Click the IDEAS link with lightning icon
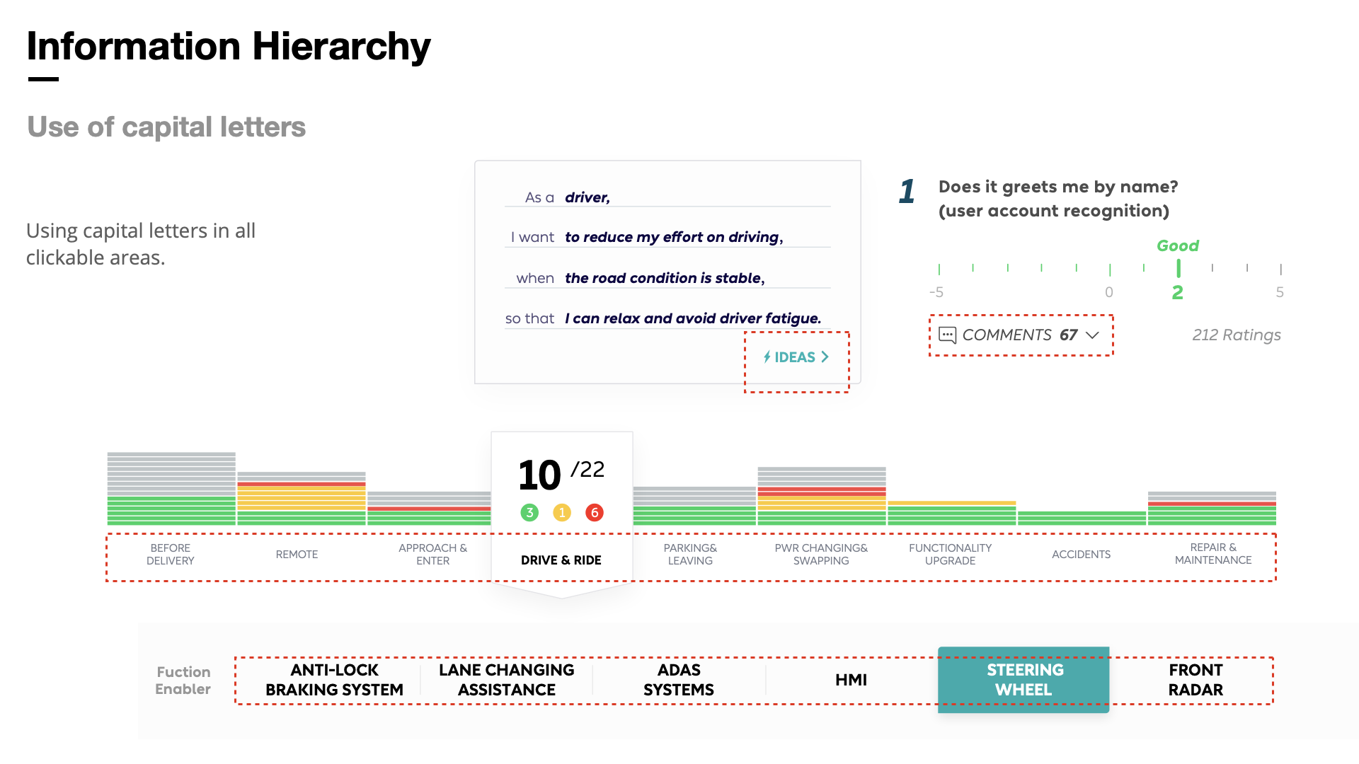tap(796, 357)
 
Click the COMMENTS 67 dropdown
tap(1019, 335)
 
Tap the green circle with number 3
tap(529, 512)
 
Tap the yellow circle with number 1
tap(562, 512)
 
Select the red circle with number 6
tap(595, 512)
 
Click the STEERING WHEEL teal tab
tap(1023, 680)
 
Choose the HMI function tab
tap(851, 680)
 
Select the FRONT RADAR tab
tap(1195, 680)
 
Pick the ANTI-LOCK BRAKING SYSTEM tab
tap(334, 680)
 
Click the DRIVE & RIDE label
tap(561, 560)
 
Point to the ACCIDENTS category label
tap(1081, 555)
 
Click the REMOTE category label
tap(297, 555)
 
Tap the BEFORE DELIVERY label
tap(170, 555)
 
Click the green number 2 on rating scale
tap(1177, 292)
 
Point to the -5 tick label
tap(936, 292)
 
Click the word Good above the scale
tap(1177, 245)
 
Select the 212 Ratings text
tap(1236, 335)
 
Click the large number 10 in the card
tap(539, 475)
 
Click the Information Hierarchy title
tap(228, 47)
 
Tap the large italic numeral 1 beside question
tap(907, 192)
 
